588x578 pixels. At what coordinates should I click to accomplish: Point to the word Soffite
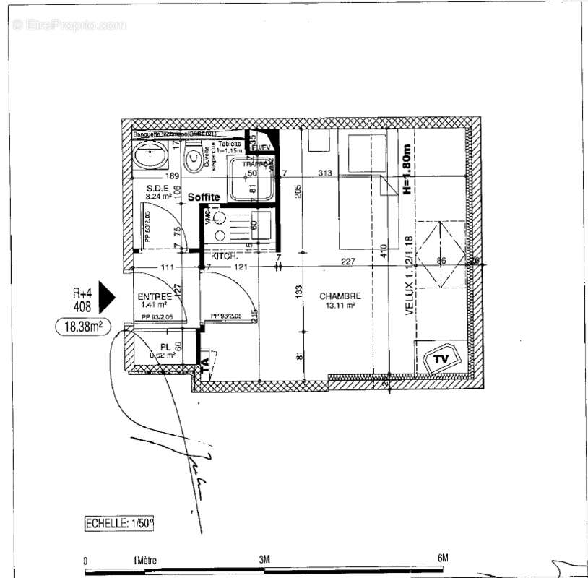click(x=204, y=197)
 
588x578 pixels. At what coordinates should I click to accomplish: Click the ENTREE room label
click(x=155, y=297)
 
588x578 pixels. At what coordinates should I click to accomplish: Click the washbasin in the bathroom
click(x=150, y=154)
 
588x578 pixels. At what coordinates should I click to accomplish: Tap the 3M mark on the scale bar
click(x=264, y=558)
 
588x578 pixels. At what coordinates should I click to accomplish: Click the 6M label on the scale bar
click(x=443, y=558)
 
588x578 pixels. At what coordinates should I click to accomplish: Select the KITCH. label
click(x=225, y=256)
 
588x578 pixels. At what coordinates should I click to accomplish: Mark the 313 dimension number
click(x=324, y=173)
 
